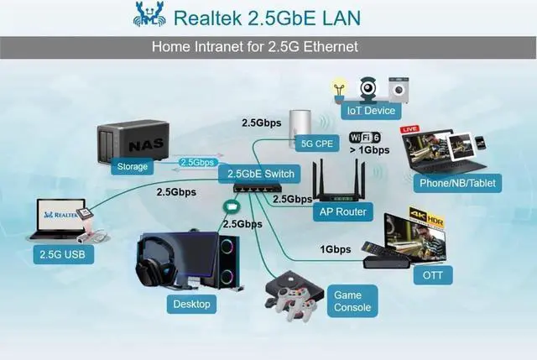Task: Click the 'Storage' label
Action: (x=133, y=166)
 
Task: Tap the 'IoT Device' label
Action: (x=370, y=111)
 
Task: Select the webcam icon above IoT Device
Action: (x=368, y=87)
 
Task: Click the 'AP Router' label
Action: (x=342, y=211)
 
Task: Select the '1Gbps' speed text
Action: (x=336, y=249)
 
